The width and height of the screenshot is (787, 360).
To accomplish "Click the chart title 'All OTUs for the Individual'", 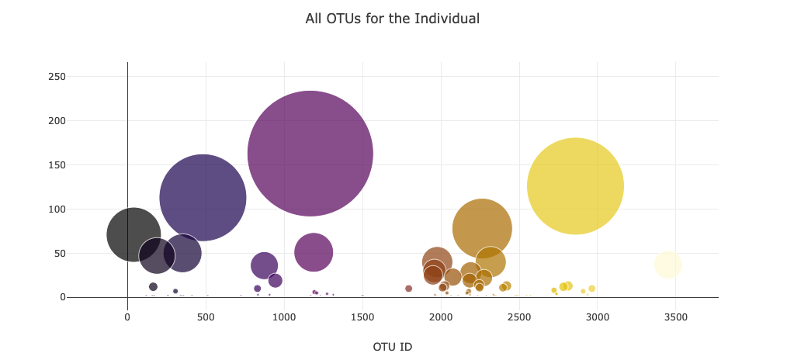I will tap(392, 19).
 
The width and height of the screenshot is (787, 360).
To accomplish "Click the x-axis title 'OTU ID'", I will tap(392, 347).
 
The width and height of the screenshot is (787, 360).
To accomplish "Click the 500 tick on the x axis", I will tap(206, 317).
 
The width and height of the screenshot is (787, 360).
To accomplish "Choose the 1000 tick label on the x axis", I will tap(284, 317).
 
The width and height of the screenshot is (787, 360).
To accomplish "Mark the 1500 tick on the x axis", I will tap(362, 317).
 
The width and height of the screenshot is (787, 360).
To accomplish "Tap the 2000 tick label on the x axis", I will tap(441, 317).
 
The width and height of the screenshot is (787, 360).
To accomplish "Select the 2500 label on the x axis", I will tap(519, 317).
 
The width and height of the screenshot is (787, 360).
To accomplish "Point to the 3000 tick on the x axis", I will tap(597, 317).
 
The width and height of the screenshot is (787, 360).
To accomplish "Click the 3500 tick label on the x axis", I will tap(675, 317).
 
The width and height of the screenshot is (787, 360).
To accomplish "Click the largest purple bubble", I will tap(310, 154).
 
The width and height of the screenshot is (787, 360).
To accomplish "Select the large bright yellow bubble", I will tap(575, 186).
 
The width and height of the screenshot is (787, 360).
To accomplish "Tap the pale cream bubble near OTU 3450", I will tap(667, 265).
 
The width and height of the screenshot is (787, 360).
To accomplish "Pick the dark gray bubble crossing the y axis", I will tap(133, 234).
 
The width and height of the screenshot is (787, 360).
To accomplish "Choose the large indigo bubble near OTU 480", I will tap(203, 197).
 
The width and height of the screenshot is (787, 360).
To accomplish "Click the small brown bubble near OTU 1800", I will tap(408, 289).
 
